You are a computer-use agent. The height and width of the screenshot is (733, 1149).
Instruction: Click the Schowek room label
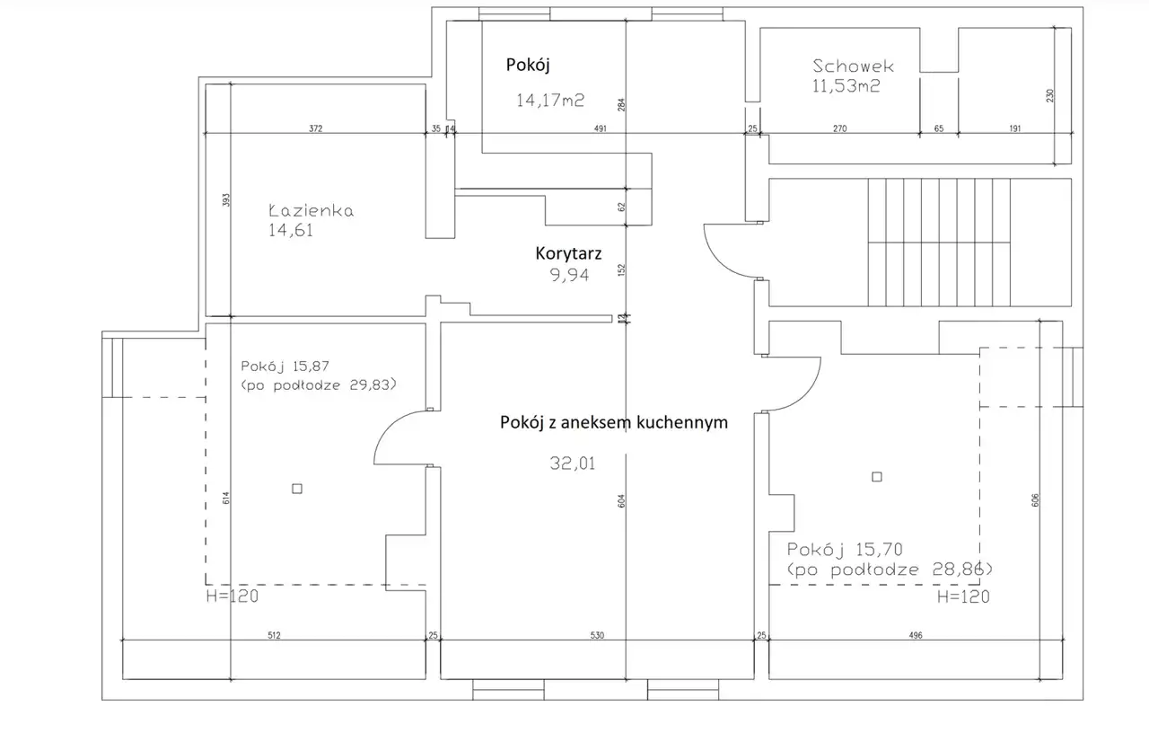(853, 66)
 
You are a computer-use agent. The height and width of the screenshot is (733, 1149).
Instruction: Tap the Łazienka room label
(311, 210)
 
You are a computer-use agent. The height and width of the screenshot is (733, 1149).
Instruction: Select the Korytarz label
(568, 253)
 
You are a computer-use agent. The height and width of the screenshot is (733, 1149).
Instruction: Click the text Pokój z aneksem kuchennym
(614, 422)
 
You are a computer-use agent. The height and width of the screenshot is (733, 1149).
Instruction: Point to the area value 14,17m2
(550, 100)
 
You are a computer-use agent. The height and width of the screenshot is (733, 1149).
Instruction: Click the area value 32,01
(573, 464)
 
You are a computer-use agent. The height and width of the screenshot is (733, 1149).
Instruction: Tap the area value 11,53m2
(846, 85)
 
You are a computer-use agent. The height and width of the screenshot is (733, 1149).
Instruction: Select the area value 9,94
(569, 275)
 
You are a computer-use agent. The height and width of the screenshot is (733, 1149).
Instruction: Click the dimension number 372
(315, 128)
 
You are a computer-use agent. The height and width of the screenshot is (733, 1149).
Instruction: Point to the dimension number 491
(601, 128)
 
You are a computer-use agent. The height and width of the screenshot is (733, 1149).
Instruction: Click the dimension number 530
(597, 635)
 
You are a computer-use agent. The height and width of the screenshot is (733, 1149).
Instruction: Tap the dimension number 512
(274, 635)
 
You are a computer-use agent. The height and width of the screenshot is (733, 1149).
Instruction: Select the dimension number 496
(916, 635)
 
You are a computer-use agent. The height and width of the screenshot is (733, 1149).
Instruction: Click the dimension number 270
(839, 128)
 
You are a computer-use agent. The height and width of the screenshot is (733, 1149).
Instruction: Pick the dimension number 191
(1015, 128)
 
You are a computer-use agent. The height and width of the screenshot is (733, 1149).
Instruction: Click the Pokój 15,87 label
(285, 366)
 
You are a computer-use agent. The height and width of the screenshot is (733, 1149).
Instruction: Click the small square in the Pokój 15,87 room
(297, 489)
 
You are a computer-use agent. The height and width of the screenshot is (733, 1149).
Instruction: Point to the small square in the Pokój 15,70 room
(877, 477)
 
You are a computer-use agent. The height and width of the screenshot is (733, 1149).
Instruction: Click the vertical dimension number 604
(621, 501)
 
